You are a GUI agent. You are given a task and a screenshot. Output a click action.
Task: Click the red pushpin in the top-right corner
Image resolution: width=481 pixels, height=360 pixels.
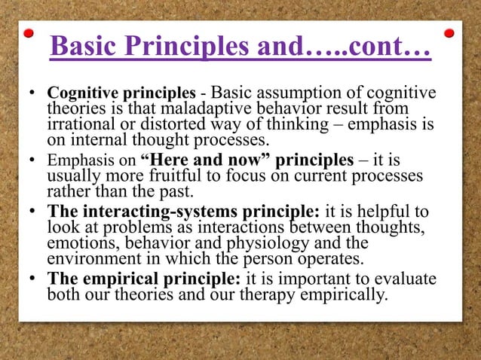(x=450, y=33)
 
